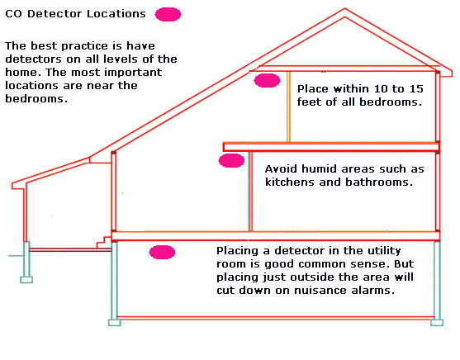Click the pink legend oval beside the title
[x=168, y=14]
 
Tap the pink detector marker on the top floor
[x=267, y=81]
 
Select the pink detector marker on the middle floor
[x=231, y=160]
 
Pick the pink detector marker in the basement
[x=162, y=253]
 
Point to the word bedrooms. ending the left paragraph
[x=36, y=98]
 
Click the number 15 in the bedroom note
[x=416, y=89]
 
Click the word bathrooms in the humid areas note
[x=379, y=182]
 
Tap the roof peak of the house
[x=344, y=9]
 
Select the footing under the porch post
[x=26, y=280]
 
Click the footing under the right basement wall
[x=437, y=323]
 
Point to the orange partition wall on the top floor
[x=288, y=107]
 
